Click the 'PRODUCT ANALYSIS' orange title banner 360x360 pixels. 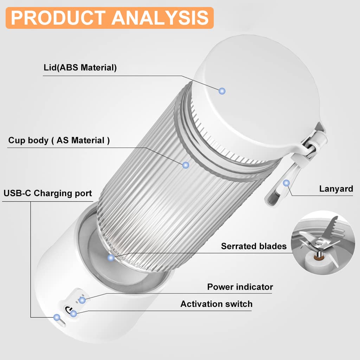click(110, 18)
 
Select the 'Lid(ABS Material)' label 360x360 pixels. click(80, 67)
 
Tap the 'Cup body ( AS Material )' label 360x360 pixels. click(59, 140)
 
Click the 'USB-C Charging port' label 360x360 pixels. click(48, 193)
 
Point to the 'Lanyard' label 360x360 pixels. click(336, 189)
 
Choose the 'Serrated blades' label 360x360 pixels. click(254, 246)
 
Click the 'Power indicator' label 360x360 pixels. click(240, 287)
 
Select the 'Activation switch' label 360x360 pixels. click(216, 304)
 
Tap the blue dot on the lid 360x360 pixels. click(222, 91)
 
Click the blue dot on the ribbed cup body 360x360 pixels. click(186, 165)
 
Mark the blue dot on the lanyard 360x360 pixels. click(286, 183)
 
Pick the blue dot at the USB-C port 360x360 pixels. click(57, 317)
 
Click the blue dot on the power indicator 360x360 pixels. click(82, 300)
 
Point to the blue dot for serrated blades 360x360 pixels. click(111, 258)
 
